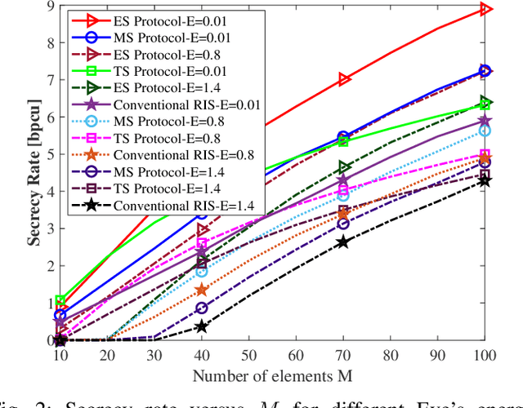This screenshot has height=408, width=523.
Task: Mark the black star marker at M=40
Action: point(202,326)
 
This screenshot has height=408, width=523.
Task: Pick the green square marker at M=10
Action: point(60,301)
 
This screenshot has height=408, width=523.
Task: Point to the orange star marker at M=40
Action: point(202,290)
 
